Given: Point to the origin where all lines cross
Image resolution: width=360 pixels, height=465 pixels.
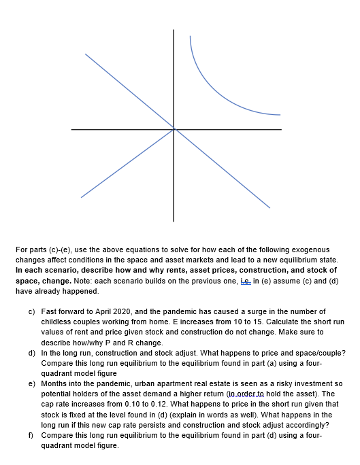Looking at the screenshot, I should [174, 128].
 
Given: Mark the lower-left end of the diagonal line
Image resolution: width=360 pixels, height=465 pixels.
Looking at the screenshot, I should [82, 196].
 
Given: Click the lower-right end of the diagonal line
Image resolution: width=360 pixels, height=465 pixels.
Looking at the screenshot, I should [269, 207].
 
